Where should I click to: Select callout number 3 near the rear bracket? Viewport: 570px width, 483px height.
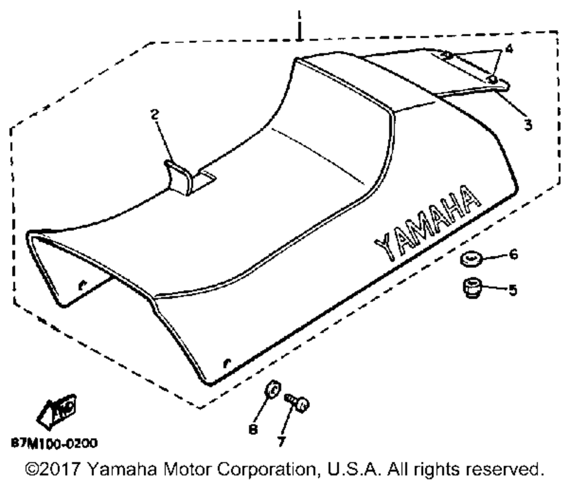point(528,123)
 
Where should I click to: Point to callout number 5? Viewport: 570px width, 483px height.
point(513,290)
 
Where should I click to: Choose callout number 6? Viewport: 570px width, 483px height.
point(513,255)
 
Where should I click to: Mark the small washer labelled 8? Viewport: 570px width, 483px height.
point(272,391)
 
